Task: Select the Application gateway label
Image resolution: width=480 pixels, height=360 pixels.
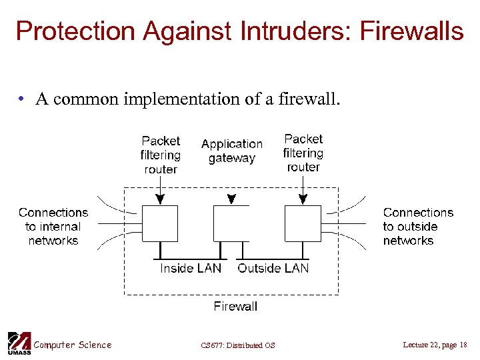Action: pos(232,151)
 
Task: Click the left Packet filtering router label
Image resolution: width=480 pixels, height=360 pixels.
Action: pos(161,155)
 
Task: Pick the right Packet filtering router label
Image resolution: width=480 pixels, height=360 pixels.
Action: pos(303,153)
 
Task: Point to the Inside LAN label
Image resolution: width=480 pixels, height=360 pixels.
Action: pos(191,268)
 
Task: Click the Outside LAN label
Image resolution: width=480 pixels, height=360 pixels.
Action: pos(273,268)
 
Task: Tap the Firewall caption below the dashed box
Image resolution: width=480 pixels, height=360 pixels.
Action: pos(235,306)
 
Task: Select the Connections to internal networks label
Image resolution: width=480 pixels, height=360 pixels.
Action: pos(53,227)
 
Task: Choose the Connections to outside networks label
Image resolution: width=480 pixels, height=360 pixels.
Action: pos(418,227)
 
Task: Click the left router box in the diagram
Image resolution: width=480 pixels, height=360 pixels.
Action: pos(160,223)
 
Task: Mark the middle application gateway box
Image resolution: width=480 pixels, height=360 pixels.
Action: pos(231,223)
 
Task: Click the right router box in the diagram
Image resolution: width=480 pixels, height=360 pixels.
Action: pos(303,223)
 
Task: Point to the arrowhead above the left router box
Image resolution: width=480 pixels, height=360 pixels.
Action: pos(160,199)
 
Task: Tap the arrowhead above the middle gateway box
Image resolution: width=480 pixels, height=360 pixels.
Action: pos(231,199)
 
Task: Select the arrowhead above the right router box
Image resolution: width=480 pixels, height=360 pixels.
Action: pos(303,199)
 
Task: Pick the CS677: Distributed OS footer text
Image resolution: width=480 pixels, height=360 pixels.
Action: pos(237,345)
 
